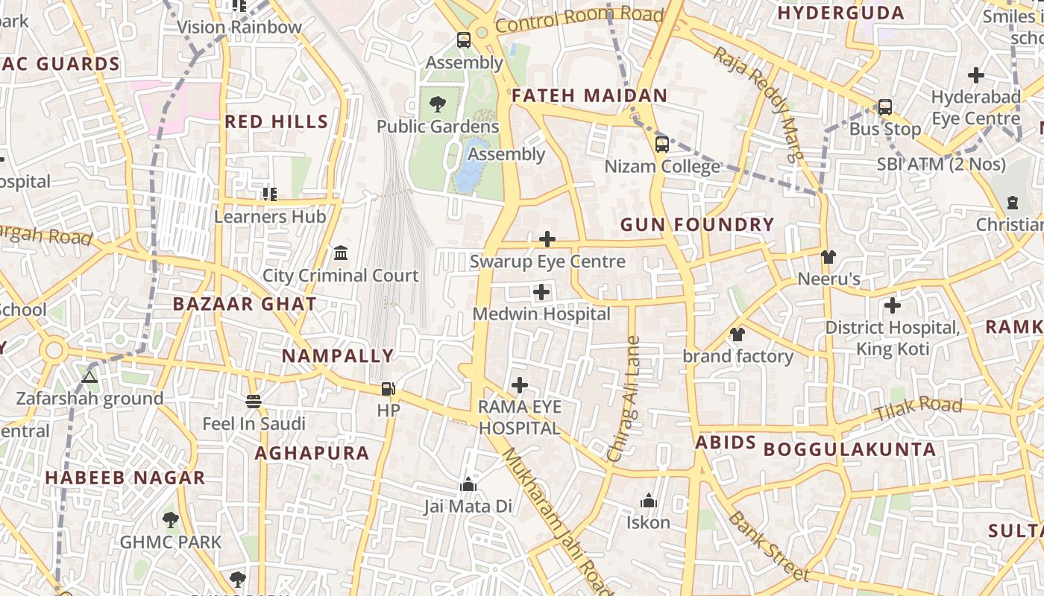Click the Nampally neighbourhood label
(337, 356)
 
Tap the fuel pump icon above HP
(388, 388)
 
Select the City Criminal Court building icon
(341, 253)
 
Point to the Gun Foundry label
(697, 224)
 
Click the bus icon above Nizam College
(661, 144)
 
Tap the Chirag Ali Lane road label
(624, 399)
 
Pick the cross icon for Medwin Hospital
(541, 292)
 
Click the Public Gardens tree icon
(438, 104)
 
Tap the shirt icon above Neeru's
(828, 257)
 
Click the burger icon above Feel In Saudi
(254, 402)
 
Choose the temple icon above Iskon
(648, 501)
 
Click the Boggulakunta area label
(849, 449)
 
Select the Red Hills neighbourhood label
(276, 121)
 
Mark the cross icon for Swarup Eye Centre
(547, 239)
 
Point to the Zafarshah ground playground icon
(89, 377)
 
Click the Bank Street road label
(768, 545)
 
